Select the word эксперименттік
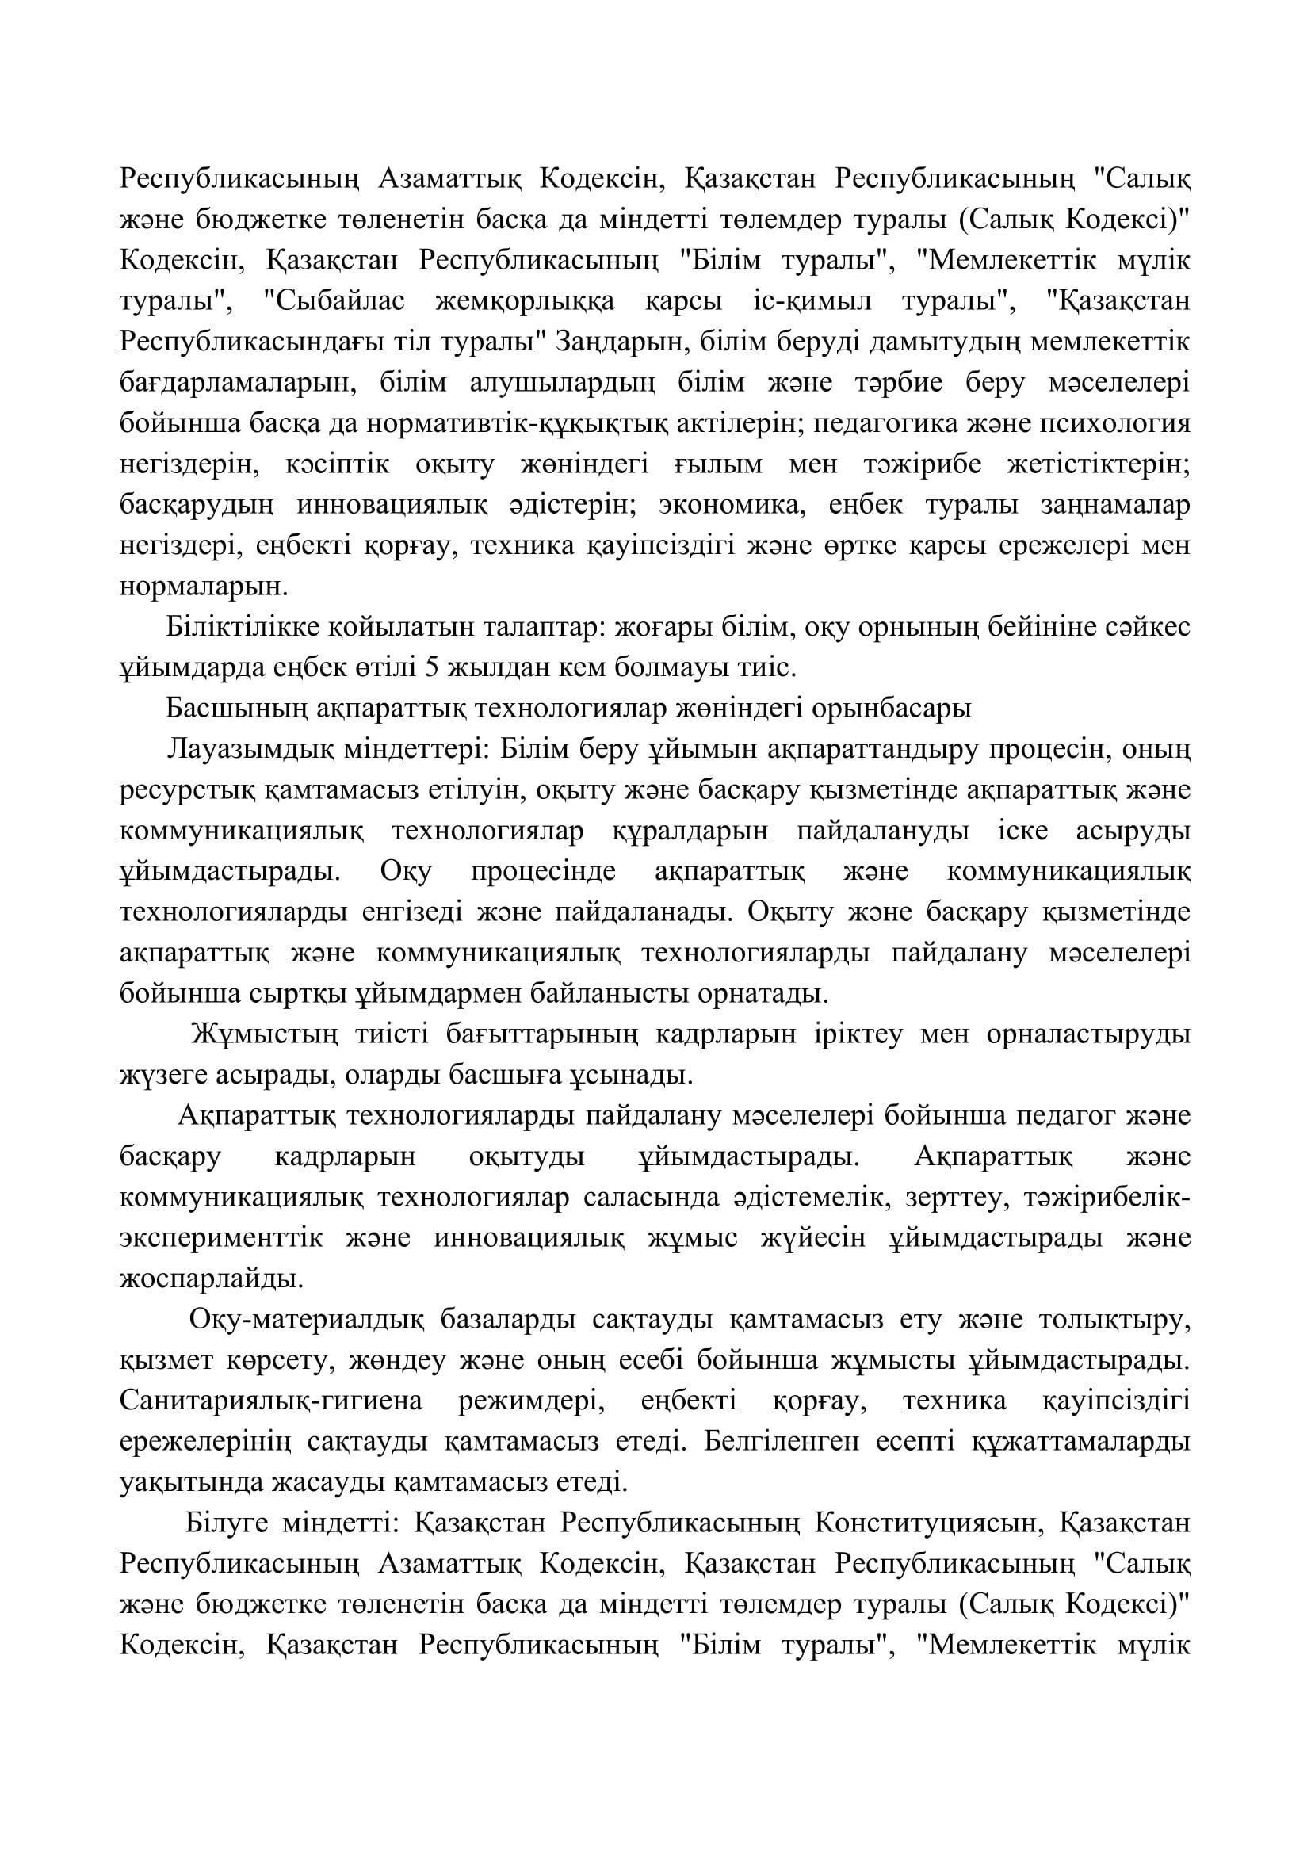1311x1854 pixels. pos(221,1238)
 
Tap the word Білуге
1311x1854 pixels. pos(227,1523)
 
